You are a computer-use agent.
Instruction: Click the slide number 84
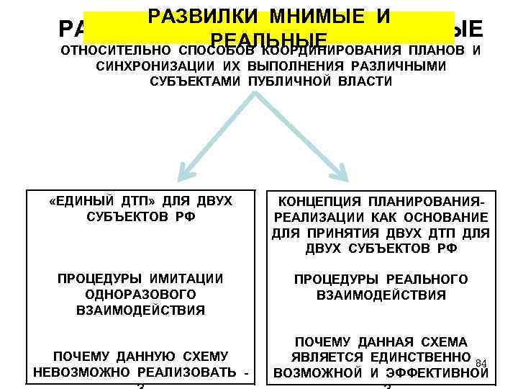click(483, 362)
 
